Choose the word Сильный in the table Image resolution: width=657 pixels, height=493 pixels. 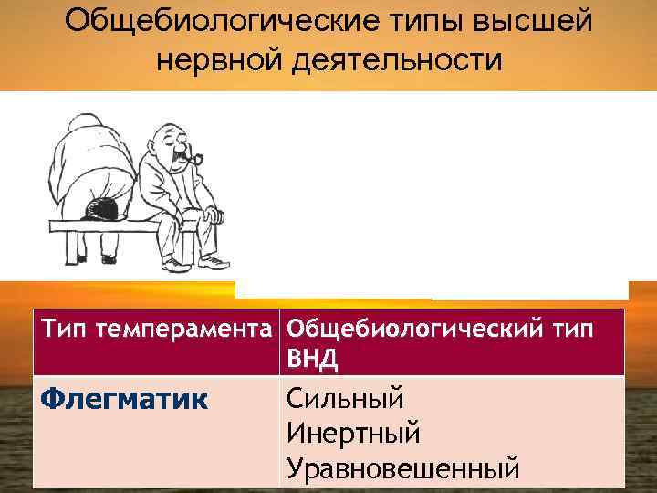pos(345,398)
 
